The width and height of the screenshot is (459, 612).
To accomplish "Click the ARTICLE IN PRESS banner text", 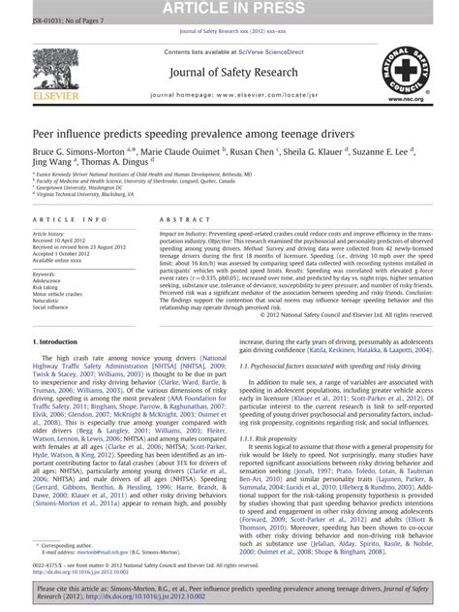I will coord(229,9).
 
